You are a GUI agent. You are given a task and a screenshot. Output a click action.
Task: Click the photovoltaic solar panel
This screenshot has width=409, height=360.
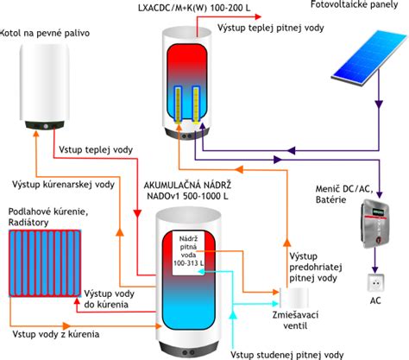click(370, 58)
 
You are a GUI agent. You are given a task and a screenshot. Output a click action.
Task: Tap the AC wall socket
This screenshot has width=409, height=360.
click(375, 283)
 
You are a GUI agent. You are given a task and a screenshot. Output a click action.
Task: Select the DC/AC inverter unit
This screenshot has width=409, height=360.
click(375, 224)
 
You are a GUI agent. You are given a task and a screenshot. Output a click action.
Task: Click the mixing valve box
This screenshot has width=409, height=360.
click(294, 298)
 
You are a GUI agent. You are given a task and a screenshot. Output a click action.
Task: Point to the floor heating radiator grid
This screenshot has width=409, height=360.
click(45, 263)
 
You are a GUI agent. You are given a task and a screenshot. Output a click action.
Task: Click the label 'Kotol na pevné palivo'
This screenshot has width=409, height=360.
click(45, 33)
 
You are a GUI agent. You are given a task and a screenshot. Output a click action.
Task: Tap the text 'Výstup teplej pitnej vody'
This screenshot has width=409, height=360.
click(271, 28)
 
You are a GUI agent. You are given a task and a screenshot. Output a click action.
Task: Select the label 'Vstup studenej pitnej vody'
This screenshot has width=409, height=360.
click(287, 355)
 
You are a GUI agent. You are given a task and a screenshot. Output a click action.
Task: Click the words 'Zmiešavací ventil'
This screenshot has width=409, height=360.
click(295, 320)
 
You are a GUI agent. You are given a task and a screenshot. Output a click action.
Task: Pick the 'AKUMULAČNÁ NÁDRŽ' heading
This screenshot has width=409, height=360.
click(187, 185)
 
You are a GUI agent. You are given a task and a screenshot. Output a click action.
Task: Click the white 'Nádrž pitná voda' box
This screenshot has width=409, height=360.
click(189, 253)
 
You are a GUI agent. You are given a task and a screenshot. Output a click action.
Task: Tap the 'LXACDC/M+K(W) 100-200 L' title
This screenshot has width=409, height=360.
click(194, 8)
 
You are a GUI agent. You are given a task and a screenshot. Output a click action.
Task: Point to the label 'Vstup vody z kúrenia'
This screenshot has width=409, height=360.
click(56, 334)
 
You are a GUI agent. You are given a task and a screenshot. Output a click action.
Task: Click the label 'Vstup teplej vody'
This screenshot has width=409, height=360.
click(96, 149)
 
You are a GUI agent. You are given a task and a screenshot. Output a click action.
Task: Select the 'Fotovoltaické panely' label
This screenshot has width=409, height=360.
click(355, 4)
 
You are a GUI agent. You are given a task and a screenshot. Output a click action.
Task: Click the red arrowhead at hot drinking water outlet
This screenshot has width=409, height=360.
click(258, 16)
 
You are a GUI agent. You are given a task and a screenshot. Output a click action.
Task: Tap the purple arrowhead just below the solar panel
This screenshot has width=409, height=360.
click(379, 104)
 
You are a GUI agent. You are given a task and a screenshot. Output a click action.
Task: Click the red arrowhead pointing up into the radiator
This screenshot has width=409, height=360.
click(77, 301)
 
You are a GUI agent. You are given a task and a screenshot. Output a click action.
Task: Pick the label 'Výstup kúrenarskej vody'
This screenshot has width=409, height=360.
click(63, 185)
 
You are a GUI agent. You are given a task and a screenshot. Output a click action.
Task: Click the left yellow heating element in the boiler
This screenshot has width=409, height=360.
click(178, 105)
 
